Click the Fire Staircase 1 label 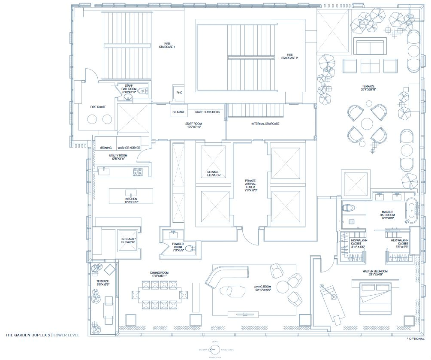click(167, 45)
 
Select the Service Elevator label click(213, 173)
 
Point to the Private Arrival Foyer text click(250, 187)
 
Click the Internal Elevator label click(128, 240)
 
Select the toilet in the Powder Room click(188, 248)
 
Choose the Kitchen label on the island click(131, 200)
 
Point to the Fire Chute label click(98, 107)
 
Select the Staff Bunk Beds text click(207, 112)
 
